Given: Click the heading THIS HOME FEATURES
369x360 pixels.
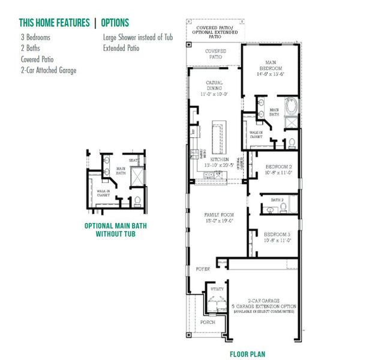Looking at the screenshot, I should [54, 23].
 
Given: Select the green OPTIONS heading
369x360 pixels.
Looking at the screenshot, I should [115, 23].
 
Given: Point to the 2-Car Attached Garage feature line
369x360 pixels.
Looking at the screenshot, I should [49, 70].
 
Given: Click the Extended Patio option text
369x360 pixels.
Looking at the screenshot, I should [121, 49].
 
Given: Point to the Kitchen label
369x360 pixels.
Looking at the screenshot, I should [219, 160].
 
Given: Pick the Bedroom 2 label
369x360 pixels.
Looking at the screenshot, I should [278, 169].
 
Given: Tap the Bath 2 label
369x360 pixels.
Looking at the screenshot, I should [277, 200].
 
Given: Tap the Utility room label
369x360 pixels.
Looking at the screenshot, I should [217, 289].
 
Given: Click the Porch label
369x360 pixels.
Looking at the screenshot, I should [208, 322].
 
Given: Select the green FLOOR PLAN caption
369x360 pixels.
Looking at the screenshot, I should [247, 354].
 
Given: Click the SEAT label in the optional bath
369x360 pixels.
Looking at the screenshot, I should [134, 160].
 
